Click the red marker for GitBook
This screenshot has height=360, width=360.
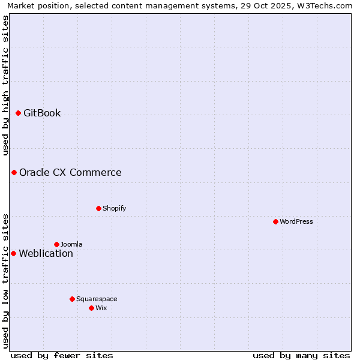(x=18, y=113)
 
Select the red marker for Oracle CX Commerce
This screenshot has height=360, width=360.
(x=14, y=173)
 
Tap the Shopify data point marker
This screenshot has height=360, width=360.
(x=98, y=208)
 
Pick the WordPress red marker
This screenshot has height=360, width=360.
(x=275, y=221)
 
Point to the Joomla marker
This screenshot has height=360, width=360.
(x=56, y=244)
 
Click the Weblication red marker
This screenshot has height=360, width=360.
(x=13, y=253)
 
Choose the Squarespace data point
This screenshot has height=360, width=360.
(x=72, y=299)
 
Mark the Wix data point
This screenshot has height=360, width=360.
(x=91, y=308)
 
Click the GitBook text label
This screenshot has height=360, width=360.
(x=42, y=113)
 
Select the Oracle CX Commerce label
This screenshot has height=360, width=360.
(x=70, y=173)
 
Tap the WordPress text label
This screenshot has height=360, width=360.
(x=296, y=221)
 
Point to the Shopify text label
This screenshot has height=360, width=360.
(x=115, y=208)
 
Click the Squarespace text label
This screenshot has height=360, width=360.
(x=97, y=299)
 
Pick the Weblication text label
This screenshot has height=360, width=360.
(x=46, y=253)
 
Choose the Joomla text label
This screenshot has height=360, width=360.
(x=71, y=244)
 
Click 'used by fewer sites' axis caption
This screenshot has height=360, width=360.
(x=62, y=355)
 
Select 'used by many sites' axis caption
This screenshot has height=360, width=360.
(x=301, y=355)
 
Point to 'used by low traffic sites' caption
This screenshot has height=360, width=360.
(x=5, y=280)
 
